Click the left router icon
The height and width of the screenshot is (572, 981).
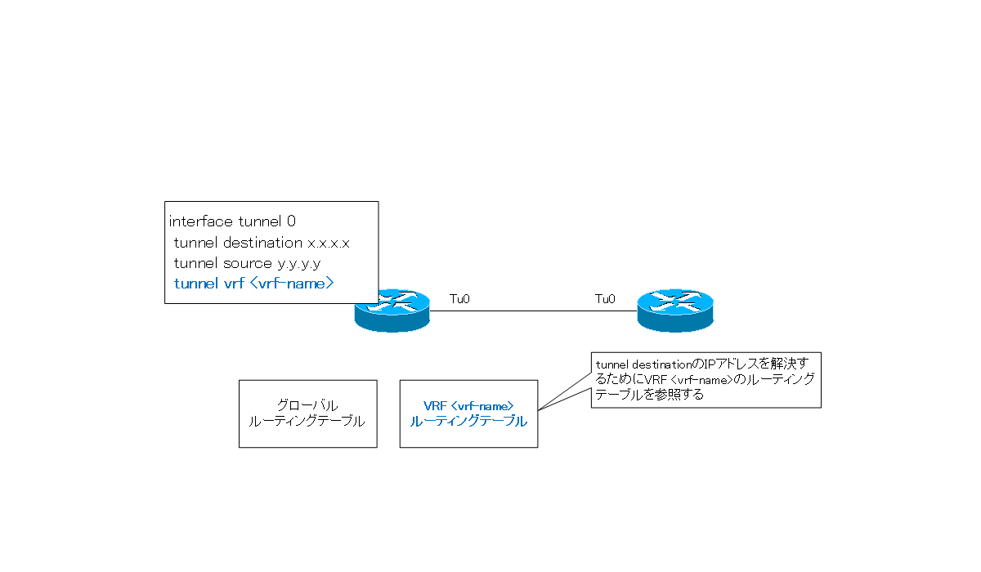(392, 311)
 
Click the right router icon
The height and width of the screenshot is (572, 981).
(674, 311)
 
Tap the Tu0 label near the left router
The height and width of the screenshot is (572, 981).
(459, 300)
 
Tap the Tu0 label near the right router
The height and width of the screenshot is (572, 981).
(605, 300)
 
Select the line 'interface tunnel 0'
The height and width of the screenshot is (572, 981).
(232, 221)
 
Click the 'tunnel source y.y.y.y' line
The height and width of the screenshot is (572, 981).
(246, 263)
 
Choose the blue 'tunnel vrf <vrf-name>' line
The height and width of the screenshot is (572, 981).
(254, 284)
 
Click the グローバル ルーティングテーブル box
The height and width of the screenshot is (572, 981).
(307, 413)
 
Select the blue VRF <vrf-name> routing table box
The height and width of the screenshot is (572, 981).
(468, 413)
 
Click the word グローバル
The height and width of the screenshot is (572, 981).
(307, 405)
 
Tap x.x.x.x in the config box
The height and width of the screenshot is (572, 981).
(329, 243)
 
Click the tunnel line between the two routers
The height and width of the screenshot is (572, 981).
(531, 311)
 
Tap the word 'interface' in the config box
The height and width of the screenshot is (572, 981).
(201, 221)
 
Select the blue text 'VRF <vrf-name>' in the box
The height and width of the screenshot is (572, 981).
(468, 405)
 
